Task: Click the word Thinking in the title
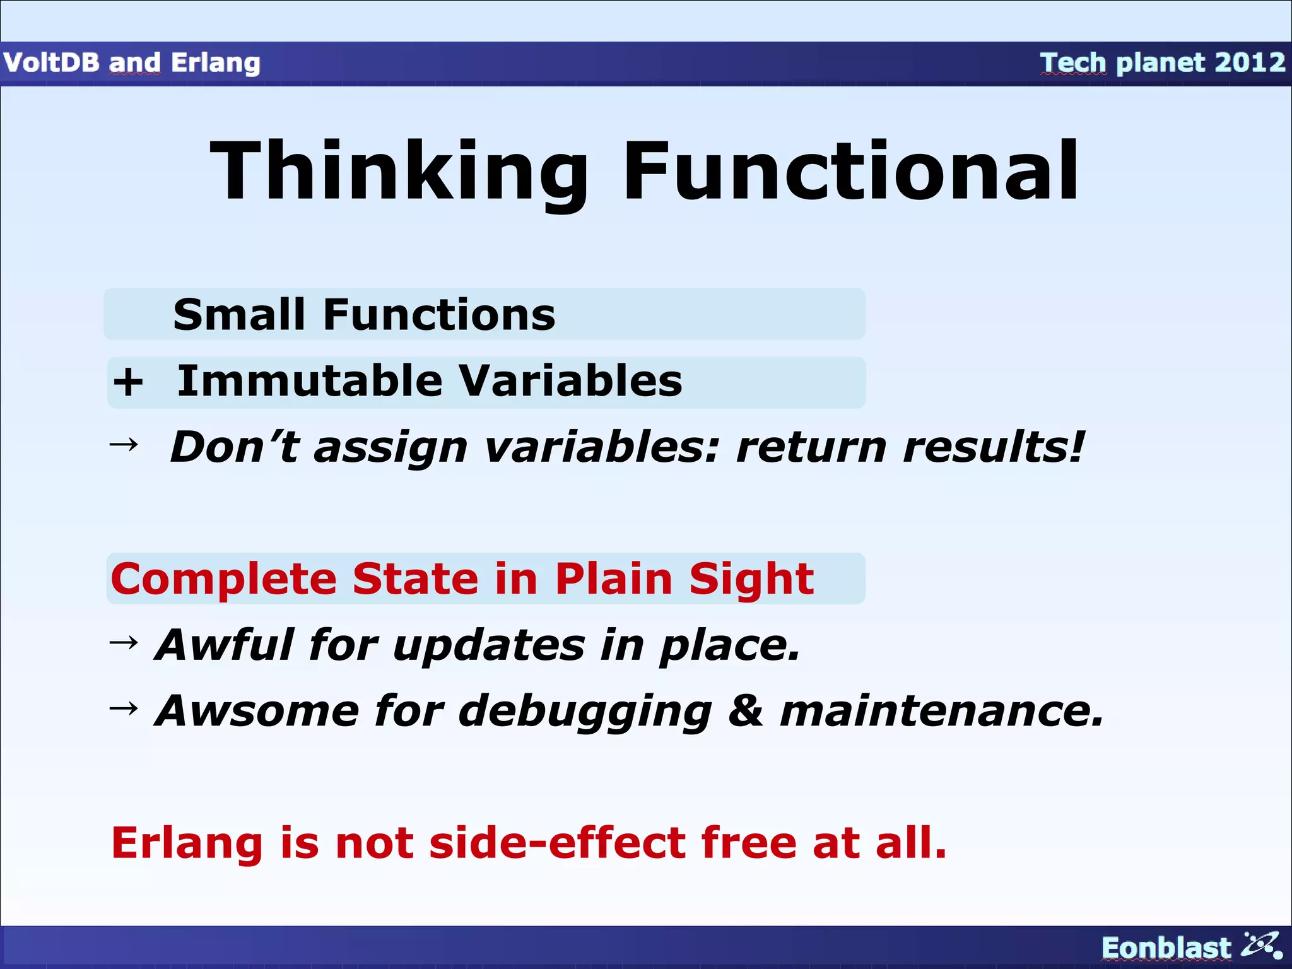point(399,172)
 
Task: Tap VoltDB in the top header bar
point(51,62)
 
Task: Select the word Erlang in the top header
point(215,63)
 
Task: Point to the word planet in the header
point(1160,63)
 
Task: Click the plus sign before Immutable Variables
point(128,382)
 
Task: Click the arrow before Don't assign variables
point(124,445)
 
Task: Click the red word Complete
point(224,578)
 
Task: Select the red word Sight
point(751,580)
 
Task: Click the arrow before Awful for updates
point(124,643)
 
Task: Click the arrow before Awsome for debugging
point(124,708)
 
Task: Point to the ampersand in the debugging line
point(745,710)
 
